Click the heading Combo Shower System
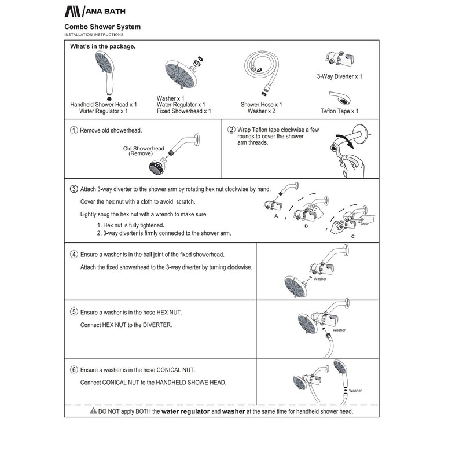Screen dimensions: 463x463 (102, 27)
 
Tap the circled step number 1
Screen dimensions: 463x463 (74, 130)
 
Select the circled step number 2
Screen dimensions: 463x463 (231, 130)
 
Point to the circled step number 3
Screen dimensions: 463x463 (74, 189)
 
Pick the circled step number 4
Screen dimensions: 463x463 (74, 254)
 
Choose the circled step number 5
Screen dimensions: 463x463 (74, 312)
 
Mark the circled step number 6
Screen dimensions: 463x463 (74, 370)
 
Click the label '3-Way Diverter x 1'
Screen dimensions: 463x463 (340, 76)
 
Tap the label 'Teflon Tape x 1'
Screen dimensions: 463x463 (340, 111)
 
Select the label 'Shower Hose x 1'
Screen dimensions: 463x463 (262, 105)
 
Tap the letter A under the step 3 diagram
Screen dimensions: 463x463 (276, 215)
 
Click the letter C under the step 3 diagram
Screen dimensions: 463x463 (352, 237)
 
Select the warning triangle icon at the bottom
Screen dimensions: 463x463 (93, 411)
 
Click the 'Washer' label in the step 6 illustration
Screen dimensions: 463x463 (355, 391)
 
